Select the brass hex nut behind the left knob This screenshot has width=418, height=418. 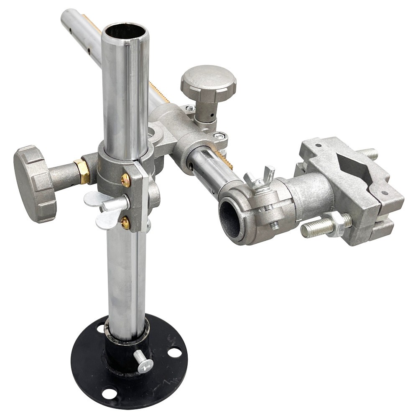82,171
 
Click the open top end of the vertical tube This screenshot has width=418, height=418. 125,32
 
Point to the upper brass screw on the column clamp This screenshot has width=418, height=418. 125,180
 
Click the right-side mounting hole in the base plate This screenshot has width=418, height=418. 174,352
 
